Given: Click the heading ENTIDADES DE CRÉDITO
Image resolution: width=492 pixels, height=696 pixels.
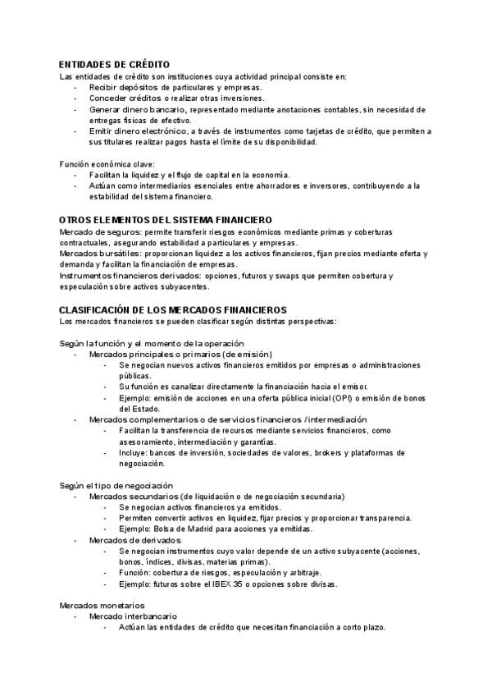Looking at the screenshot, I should [x=115, y=64].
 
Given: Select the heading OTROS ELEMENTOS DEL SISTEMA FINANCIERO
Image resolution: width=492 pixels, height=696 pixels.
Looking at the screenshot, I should [x=166, y=220].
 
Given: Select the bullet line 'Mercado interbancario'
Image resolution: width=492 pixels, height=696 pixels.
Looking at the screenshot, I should [x=133, y=616].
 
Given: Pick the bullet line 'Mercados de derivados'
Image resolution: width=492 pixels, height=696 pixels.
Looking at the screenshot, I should [x=134, y=541].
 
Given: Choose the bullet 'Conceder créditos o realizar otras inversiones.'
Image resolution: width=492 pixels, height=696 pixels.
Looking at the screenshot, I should [x=177, y=98].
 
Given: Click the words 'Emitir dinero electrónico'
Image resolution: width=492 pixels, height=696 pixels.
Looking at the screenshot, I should [x=134, y=131].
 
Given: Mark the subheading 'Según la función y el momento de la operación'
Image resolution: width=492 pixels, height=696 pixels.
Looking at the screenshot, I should [x=152, y=342].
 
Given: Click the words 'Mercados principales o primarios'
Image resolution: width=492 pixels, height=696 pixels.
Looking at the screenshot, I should [x=157, y=354].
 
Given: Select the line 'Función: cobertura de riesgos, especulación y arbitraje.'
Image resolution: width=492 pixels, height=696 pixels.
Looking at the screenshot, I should [x=220, y=573].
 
